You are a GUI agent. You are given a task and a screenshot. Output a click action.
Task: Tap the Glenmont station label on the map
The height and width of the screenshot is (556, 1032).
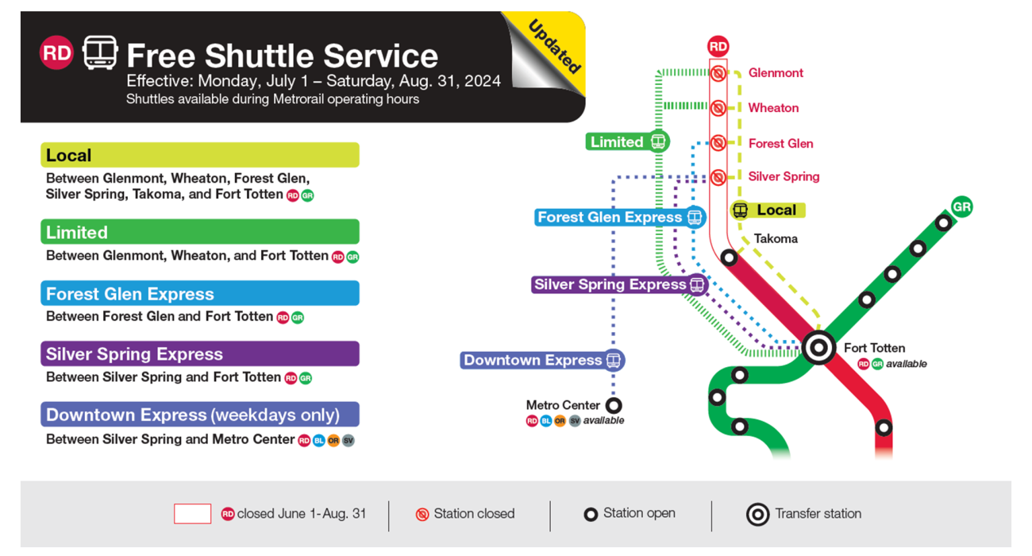tap(775, 73)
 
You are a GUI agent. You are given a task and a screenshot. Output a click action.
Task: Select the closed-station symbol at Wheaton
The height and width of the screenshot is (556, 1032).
tap(718, 108)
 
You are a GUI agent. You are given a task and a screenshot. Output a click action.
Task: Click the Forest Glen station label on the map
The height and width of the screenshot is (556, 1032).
tap(780, 144)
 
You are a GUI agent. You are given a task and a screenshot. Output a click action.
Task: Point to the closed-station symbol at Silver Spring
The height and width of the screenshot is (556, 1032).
tap(718, 177)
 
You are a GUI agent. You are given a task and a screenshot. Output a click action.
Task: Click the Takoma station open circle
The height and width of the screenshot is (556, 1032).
tap(729, 257)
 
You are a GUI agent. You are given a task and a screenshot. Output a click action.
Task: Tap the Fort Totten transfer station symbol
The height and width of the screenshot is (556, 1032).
tap(818, 348)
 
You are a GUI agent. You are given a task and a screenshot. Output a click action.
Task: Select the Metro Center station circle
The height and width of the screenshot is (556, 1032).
tap(614, 406)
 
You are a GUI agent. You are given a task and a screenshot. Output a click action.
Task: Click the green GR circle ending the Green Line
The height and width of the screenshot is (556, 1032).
tap(961, 207)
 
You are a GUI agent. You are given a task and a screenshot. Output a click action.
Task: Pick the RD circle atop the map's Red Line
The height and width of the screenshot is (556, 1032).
tap(718, 47)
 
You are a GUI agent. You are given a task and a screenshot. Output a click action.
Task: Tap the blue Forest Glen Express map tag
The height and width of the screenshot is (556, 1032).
tap(619, 217)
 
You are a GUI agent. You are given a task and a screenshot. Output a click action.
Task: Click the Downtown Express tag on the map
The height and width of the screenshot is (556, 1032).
tap(542, 361)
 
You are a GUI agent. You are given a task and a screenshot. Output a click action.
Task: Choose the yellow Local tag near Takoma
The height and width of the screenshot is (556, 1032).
tap(768, 210)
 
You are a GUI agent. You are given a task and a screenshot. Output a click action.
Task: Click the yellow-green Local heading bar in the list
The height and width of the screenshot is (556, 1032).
tap(200, 155)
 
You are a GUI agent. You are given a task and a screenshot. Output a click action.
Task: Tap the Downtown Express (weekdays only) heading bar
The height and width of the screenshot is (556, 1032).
tap(200, 415)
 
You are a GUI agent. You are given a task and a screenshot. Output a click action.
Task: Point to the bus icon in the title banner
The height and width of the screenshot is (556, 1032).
tap(101, 53)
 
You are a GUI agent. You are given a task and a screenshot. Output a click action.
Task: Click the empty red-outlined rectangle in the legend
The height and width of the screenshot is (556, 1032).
tap(192, 514)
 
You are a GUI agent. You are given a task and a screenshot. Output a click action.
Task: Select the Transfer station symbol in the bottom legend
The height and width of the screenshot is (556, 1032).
tap(757, 515)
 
